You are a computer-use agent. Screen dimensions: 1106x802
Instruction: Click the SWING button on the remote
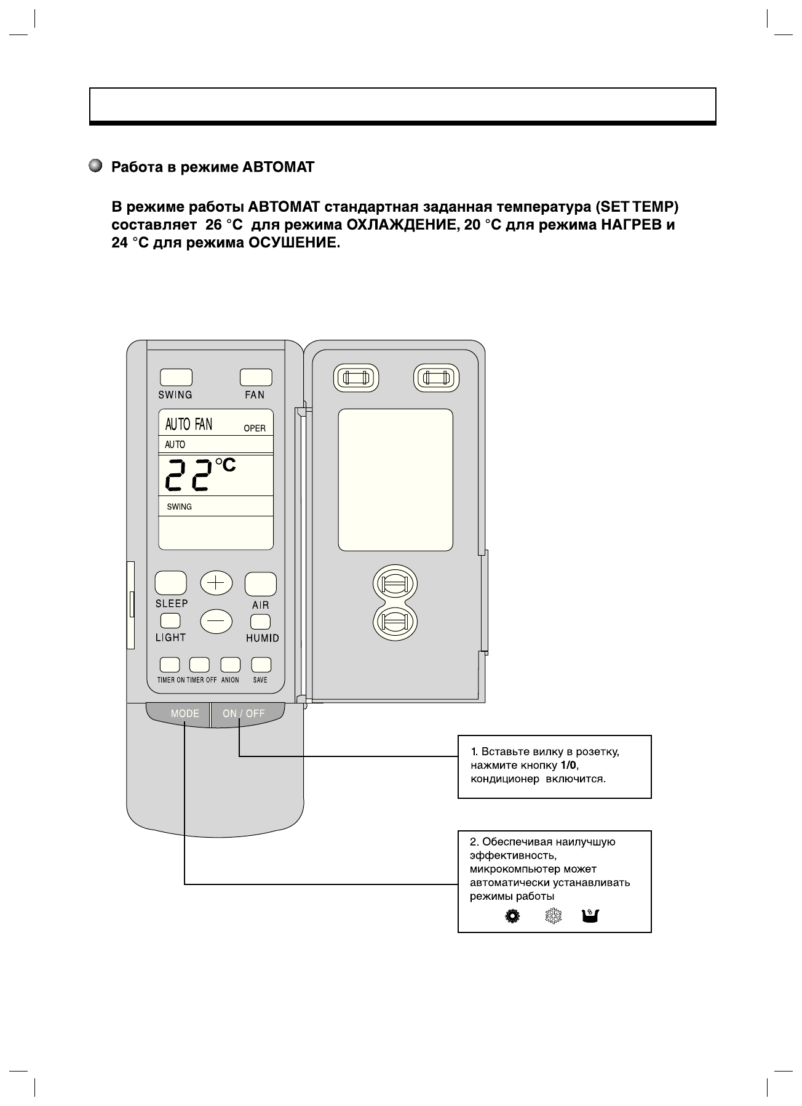[x=176, y=377]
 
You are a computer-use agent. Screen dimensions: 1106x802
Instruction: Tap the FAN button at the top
[x=256, y=377]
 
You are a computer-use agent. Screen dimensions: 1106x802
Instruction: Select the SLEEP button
[x=170, y=583]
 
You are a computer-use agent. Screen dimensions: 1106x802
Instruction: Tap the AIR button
[x=261, y=583]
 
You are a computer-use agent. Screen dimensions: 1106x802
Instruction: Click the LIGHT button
[x=170, y=621]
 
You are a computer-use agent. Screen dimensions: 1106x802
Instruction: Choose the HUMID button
[x=261, y=622]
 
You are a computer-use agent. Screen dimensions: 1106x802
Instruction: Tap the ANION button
[x=230, y=665]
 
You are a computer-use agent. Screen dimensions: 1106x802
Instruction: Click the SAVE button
[x=261, y=665]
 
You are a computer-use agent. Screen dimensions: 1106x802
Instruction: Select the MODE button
[x=185, y=714]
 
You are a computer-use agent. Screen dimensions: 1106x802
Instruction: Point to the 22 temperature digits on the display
[x=188, y=475]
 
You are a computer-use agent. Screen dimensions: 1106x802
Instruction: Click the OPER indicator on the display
[x=255, y=428]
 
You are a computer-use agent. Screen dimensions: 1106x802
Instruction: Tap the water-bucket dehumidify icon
[x=590, y=916]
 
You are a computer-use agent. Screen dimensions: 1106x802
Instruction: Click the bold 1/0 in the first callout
[x=569, y=765]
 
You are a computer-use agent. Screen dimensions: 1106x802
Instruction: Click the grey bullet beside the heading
[x=95, y=166]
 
